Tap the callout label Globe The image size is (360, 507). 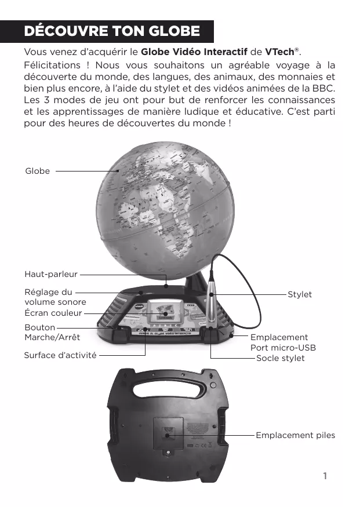click(x=37, y=171)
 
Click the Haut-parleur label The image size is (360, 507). click(x=51, y=273)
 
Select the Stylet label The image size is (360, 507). click(x=299, y=294)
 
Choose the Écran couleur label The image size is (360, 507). click(x=53, y=313)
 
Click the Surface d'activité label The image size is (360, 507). click(x=60, y=353)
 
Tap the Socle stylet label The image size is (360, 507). click(x=280, y=359)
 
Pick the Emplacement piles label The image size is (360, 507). click(x=295, y=435)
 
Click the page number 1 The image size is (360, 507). click(x=325, y=476)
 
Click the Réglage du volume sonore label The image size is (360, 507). click(x=55, y=297)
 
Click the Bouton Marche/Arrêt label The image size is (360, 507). click(x=52, y=332)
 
